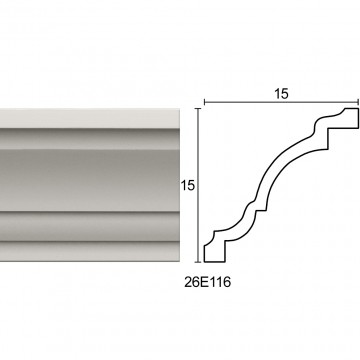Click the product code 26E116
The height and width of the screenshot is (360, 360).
coord(207,283)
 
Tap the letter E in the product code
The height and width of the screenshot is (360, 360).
coord(204,283)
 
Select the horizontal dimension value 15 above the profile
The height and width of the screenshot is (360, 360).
coord(281,94)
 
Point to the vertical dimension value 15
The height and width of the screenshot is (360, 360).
coord(188,185)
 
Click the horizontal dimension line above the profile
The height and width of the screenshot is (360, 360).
coord(281,102)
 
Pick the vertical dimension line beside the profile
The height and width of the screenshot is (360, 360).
coord(199,185)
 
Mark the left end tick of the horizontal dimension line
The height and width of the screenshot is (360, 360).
coord(204,102)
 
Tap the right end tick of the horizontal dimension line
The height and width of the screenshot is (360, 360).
coord(358,102)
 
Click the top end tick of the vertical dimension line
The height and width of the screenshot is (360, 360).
coord(199,109)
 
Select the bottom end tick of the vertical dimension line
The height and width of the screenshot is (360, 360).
coord(199,262)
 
